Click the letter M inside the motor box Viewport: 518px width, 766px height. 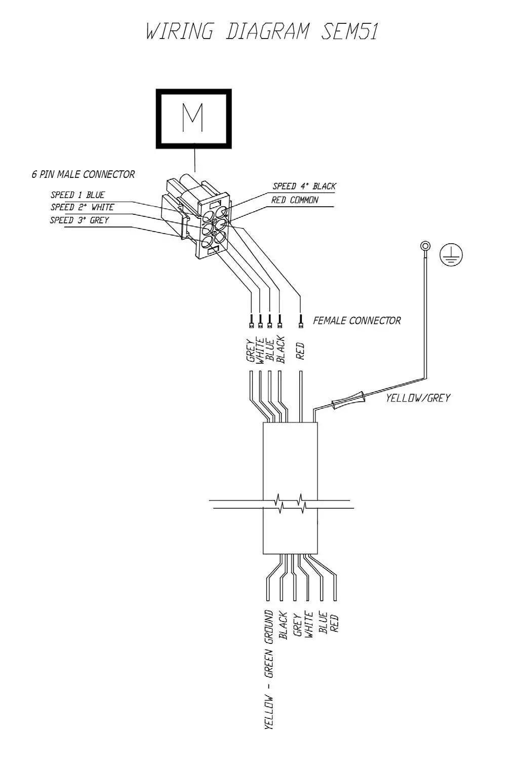click(193, 118)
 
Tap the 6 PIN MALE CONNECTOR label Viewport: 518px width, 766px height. click(83, 174)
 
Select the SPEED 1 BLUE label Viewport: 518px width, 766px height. click(77, 195)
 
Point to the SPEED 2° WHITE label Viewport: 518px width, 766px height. click(82, 207)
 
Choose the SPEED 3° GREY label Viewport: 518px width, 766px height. click(79, 220)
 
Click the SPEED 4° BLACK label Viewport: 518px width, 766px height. click(304, 186)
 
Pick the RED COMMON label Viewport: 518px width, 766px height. click(295, 200)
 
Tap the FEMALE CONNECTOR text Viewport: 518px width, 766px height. click(356, 321)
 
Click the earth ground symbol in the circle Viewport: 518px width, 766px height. click(451, 255)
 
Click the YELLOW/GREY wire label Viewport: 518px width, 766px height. click(418, 398)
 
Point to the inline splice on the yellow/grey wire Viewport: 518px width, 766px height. click(348, 400)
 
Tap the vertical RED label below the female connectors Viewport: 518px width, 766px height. click(300, 351)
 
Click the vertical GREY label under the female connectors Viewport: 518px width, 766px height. click(251, 351)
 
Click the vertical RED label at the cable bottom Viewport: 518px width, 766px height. click(334, 623)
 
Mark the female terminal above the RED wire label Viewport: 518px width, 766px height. click(301, 321)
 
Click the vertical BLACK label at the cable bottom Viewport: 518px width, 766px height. click(283, 626)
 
